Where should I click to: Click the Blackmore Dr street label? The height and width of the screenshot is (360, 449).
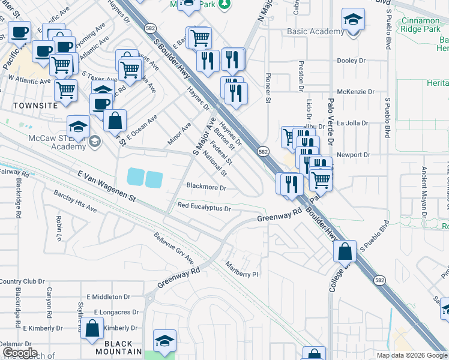click(x=206, y=187)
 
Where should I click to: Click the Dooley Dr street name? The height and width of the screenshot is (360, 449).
click(x=351, y=61)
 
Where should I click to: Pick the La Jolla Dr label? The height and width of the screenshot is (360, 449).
click(x=355, y=123)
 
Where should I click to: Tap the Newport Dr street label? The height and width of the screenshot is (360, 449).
click(x=354, y=155)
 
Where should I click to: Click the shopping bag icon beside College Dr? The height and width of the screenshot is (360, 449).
click(x=345, y=252)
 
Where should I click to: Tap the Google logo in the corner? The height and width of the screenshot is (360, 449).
click(x=20, y=353)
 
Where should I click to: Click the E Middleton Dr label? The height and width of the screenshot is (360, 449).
click(x=109, y=296)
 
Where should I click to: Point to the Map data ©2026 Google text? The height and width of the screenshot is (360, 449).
click(x=412, y=355)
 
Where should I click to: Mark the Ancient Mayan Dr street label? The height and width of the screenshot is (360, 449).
click(x=424, y=191)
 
